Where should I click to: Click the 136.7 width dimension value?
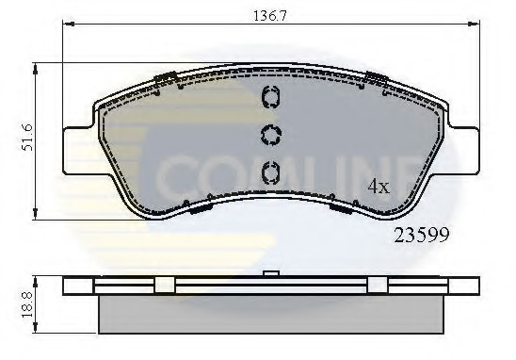(x=270, y=15)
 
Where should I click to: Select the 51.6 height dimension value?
(x=27, y=138)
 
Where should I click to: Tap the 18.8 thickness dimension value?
(x=27, y=304)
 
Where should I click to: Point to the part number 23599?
(x=422, y=236)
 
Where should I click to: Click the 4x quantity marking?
(x=379, y=187)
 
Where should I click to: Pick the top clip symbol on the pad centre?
(x=270, y=96)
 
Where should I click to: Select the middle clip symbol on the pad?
(x=271, y=135)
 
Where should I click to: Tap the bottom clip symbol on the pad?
(x=270, y=172)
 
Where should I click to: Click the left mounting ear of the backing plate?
(x=78, y=150)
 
